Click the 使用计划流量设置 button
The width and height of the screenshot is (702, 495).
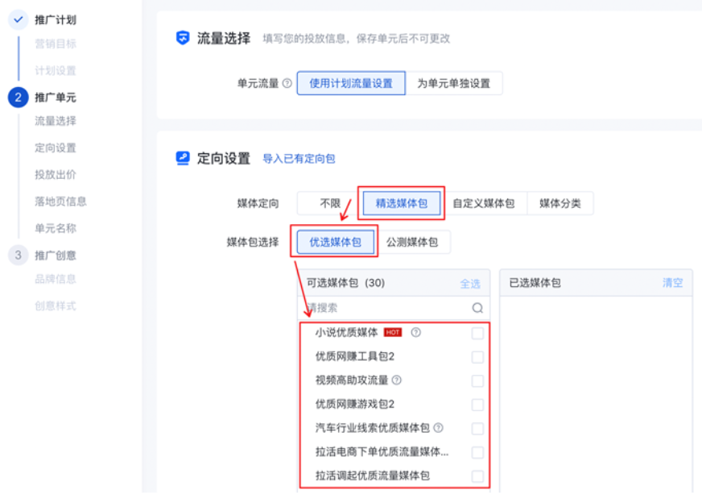(351, 83)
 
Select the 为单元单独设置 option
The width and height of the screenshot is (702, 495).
(453, 83)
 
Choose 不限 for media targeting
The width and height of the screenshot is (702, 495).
(330, 203)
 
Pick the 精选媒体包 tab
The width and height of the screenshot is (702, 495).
(401, 203)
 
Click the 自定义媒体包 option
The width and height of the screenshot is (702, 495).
(483, 203)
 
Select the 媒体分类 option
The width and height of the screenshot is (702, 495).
(560, 203)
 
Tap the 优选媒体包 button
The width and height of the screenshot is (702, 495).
(335, 242)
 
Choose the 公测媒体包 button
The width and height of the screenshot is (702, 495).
(412, 242)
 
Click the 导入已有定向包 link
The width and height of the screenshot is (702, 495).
(299, 159)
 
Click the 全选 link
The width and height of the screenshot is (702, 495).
(470, 284)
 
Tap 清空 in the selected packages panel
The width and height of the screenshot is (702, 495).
(672, 283)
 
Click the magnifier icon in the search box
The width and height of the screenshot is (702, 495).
(477, 307)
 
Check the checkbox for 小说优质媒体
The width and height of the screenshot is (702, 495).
(477, 333)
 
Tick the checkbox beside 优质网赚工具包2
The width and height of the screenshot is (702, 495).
(477, 356)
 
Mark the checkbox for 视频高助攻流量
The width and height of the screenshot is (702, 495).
(477, 381)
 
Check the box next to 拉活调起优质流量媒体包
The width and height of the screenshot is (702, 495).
(477, 476)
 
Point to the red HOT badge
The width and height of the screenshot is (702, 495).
(393, 332)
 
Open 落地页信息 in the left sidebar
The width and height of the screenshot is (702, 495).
(60, 202)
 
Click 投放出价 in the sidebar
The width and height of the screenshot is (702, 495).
(56, 175)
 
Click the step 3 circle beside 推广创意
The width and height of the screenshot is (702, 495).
(18, 256)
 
